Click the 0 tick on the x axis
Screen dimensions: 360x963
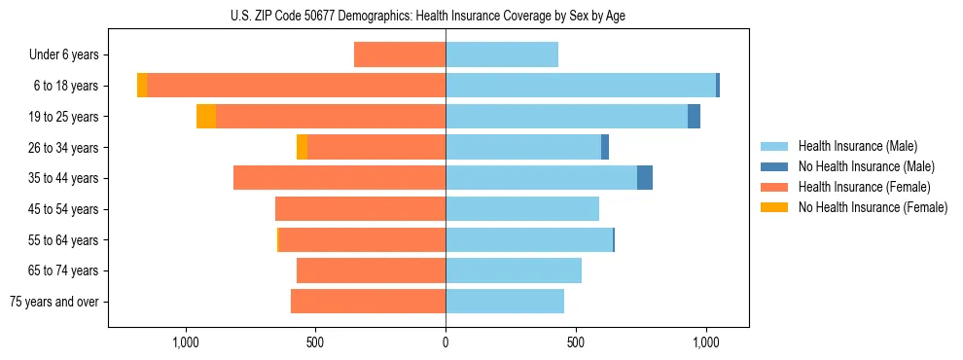pyautogui.click(x=446, y=342)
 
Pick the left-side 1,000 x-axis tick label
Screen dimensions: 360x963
pyautogui.click(x=185, y=342)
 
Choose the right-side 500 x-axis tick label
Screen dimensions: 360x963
pyautogui.click(x=576, y=342)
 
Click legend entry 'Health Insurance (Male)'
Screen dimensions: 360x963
pyautogui.click(x=857, y=147)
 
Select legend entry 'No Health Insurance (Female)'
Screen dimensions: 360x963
pyautogui.click(x=873, y=207)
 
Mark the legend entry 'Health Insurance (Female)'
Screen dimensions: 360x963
pyautogui.click(x=864, y=187)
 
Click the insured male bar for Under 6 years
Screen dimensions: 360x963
pyautogui.click(x=502, y=55)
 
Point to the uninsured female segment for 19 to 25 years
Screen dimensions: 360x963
pyautogui.click(x=206, y=117)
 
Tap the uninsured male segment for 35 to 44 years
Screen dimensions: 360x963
pyautogui.click(x=645, y=178)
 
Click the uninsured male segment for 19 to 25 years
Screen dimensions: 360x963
pyautogui.click(x=694, y=117)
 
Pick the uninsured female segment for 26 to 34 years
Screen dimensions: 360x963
pyautogui.click(x=302, y=147)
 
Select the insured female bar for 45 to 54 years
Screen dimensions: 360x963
pyautogui.click(x=360, y=209)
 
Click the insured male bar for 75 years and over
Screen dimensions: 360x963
pyautogui.click(x=505, y=302)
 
